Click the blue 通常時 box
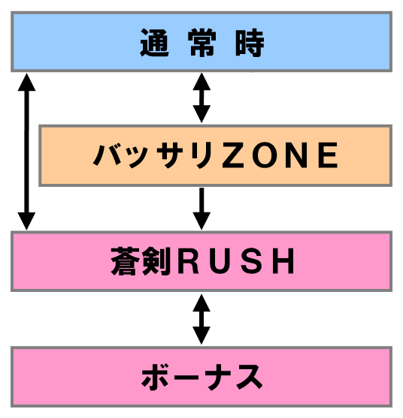[x=201, y=41]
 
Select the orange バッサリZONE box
[x=216, y=155]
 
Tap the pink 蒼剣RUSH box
[x=201, y=261]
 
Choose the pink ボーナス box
[x=201, y=377]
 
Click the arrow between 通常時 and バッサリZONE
[x=201, y=98]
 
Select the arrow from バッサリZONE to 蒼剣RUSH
[x=201, y=209]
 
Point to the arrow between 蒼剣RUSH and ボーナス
[x=201, y=319]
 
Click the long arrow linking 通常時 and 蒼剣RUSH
[x=26, y=152]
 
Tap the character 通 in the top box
[x=154, y=43]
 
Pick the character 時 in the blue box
[x=250, y=43]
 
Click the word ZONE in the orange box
[x=280, y=155]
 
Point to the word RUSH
[x=236, y=261]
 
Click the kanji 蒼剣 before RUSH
[x=141, y=261]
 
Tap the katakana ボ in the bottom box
[x=155, y=377]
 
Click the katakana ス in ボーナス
[x=249, y=377]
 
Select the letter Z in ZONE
[x=232, y=155]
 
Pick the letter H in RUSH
[x=285, y=261]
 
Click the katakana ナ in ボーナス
[x=218, y=377]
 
